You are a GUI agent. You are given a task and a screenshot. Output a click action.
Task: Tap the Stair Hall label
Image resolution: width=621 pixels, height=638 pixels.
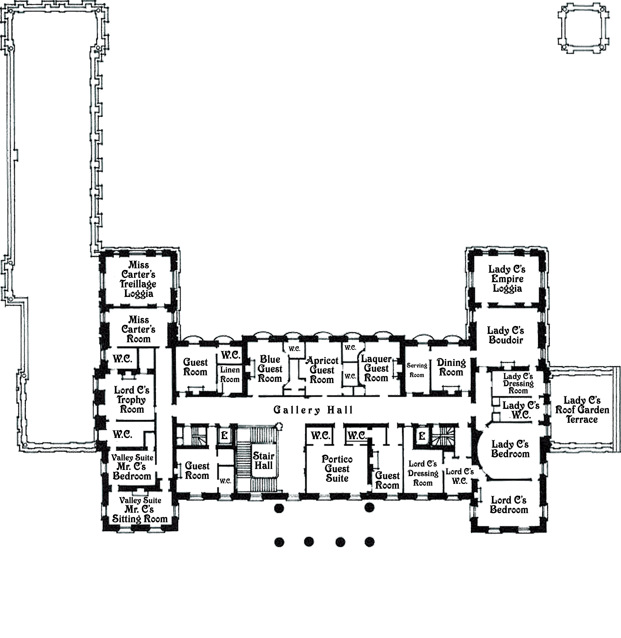pyautogui.click(x=263, y=460)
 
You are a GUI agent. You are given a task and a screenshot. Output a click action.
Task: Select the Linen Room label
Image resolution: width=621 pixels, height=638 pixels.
pyautogui.click(x=230, y=374)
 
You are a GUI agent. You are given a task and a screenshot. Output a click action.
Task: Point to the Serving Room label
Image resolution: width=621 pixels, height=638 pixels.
pyautogui.click(x=417, y=370)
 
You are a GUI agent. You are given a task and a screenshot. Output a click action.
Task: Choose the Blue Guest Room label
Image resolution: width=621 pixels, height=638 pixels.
pyautogui.click(x=270, y=369)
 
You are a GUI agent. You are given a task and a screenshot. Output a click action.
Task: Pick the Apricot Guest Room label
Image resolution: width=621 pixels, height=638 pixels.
pyautogui.click(x=322, y=370)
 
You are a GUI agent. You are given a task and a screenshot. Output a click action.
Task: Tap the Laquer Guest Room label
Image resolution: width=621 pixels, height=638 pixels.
pyautogui.click(x=376, y=368)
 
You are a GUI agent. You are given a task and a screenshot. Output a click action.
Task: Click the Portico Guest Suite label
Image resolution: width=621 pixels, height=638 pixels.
pyautogui.click(x=337, y=469)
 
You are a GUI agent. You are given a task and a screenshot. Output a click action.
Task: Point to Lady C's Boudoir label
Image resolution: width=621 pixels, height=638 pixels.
pyautogui.click(x=506, y=335)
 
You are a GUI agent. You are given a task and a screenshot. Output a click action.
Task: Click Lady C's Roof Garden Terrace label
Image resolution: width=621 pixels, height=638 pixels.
pyautogui.click(x=582, y=410)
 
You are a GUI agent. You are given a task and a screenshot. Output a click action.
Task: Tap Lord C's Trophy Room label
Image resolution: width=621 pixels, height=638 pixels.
pyautogui.click(x=132, y=400)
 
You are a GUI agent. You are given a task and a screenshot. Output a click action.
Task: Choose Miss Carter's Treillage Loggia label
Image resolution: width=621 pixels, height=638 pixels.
pyautogui.click(x=138, y=279)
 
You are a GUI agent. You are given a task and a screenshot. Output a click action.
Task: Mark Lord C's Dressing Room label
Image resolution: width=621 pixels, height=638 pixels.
pyautogui.click(x=423, y=473)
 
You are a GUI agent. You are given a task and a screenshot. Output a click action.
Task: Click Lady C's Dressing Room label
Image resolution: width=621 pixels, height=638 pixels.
pyautogui.click(x=518, y=383)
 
